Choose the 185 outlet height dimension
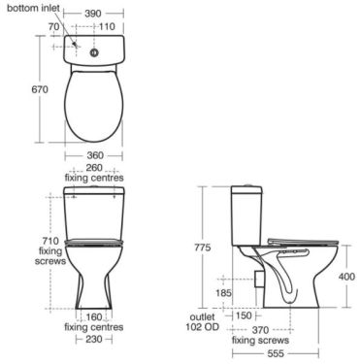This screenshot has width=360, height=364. point(222,292)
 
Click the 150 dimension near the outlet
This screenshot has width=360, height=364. point(243,316)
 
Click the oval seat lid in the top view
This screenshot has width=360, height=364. point(93,102)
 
